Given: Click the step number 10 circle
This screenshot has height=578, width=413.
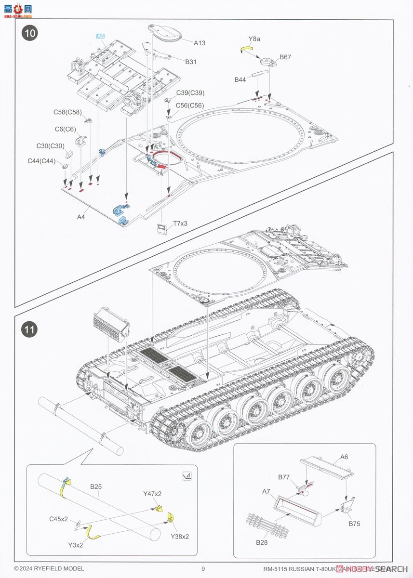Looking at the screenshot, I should pos(30,34).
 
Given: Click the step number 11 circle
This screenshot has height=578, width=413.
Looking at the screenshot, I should pos(30,330).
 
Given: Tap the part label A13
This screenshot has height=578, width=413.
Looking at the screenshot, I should pos(200,43).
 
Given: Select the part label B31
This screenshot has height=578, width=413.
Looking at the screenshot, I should pos(191,62).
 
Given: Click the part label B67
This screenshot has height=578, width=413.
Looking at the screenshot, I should pos(285,57).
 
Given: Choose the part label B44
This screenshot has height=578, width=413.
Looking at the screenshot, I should pos(240,79).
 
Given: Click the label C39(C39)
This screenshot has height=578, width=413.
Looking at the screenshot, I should pos(190,93).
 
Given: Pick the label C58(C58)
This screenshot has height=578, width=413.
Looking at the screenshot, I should pos(67,113).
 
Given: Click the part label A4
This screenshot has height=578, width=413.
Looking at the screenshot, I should pos(81,217).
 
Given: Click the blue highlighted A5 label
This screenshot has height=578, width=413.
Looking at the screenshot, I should pos(100,37).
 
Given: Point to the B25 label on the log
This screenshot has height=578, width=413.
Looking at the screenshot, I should pos(95,487).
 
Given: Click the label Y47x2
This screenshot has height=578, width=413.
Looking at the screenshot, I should pos(152,494).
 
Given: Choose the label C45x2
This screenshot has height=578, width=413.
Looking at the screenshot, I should pos(58,519).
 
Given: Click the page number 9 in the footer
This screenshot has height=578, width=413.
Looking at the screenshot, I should pos(203,569).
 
